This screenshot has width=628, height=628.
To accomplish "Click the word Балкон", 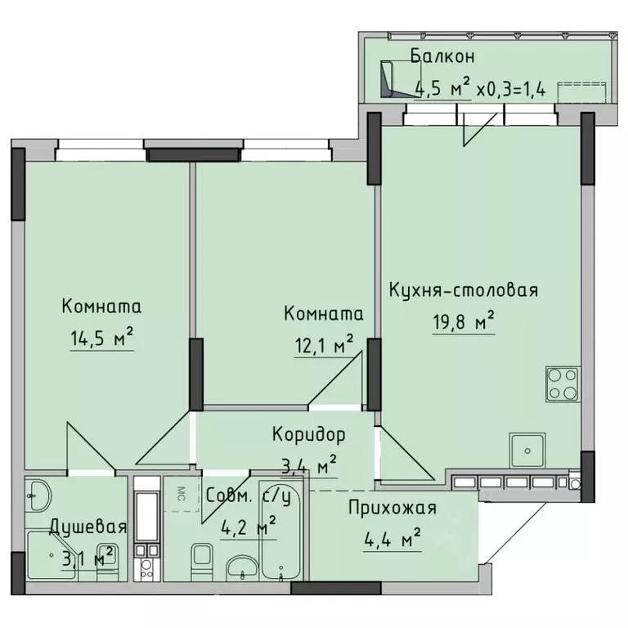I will [x=442, y=57].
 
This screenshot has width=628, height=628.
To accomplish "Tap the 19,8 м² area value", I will [x=463, y=321].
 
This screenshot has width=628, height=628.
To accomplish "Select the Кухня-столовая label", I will [x=463, y=290].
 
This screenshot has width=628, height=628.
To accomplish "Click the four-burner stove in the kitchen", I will [x=562, y=382].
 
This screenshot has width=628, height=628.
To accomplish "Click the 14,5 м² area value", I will [x=101, y=337].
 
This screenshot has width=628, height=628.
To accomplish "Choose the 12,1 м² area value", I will [x=322, y=344].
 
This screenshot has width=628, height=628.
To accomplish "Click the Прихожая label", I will [x=392, y=508].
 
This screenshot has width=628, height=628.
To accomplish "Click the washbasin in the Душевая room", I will [x=38, y=493].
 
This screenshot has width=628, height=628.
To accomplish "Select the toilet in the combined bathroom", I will [x=200, y=559].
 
